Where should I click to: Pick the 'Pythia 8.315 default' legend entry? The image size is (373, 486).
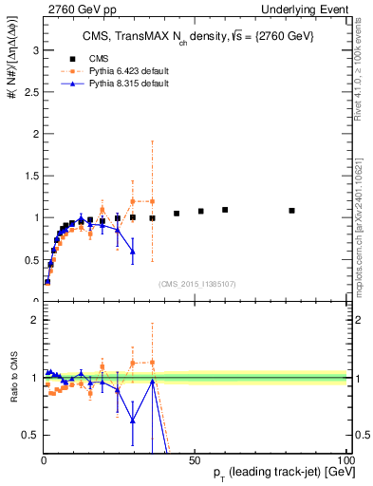[x=134, y=84]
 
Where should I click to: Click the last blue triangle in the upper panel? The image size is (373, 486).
[x=133, y=252]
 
